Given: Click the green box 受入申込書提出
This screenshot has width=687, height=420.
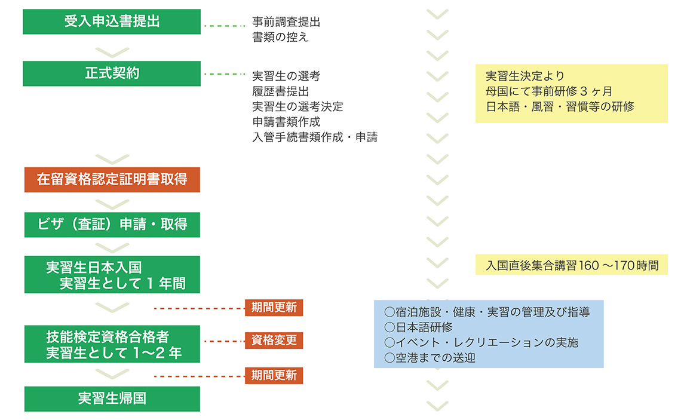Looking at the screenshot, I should [112, 22].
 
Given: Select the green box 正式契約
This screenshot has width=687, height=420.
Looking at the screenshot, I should [112, 73].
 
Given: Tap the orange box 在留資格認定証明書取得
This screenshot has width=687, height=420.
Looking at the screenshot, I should [112, 179].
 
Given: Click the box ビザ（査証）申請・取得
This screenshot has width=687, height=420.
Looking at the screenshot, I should [112, 224].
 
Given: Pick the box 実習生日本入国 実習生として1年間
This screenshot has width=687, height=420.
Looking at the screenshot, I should [112, 275].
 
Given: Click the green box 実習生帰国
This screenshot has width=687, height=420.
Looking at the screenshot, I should [112, 398].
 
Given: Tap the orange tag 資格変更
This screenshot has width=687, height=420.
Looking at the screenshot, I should [274, 341].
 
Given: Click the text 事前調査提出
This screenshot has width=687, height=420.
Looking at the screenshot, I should [286, 23].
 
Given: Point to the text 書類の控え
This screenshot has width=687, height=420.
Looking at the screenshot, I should [280, 37].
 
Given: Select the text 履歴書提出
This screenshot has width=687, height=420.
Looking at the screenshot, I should [280, 91].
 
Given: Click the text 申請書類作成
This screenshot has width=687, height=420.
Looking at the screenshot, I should [286, 122].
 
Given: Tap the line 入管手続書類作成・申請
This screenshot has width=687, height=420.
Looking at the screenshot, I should [315, 137].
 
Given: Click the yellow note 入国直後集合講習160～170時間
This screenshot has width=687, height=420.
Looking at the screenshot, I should [572, 265].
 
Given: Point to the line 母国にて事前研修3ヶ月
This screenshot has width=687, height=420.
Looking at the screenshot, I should [548, 91].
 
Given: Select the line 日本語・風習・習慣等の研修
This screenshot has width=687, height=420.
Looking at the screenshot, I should [560, 107].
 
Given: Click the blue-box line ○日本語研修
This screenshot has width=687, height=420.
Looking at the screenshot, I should [418, 327].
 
